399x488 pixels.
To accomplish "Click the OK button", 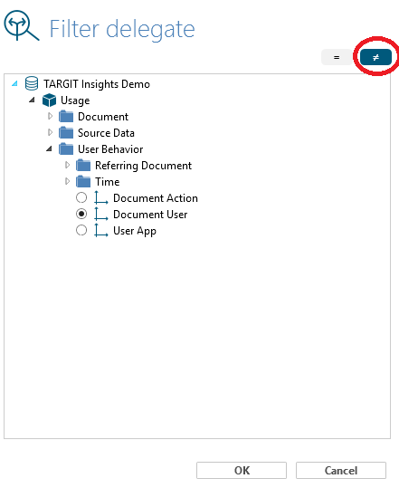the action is [x=242, y=470].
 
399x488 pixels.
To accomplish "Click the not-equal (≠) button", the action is [x=375, y=57].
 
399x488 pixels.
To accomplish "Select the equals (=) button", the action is [x=337, y=57].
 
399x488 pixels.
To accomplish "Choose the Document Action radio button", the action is [x=81, y=197].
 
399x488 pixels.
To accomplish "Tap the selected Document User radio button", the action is [x=81, y=214].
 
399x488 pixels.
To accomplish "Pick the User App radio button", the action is [x=81, y=230].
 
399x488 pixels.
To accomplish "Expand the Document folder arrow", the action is [x=50, y=117].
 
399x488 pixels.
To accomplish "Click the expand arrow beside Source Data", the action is [x=50, y=132].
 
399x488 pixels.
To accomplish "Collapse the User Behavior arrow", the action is [x=49, y=148].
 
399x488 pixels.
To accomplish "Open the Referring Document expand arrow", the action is [x=67, y=165].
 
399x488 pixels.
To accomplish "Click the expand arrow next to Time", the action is [x=67, y=181].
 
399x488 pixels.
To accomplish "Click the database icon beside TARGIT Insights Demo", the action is [x=32, y=83].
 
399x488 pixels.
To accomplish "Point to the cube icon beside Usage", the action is [x=49, y=100].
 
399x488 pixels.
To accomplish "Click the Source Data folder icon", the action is [x=66, y=133].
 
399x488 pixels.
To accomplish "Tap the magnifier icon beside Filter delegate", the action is [x=21, y=25].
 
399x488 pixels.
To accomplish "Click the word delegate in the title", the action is [x=150, y=30].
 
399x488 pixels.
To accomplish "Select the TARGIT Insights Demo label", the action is [x=97, y=84].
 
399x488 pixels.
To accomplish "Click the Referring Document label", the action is [x=143, y=166].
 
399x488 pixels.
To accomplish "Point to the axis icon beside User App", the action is [x=101, y=230].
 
